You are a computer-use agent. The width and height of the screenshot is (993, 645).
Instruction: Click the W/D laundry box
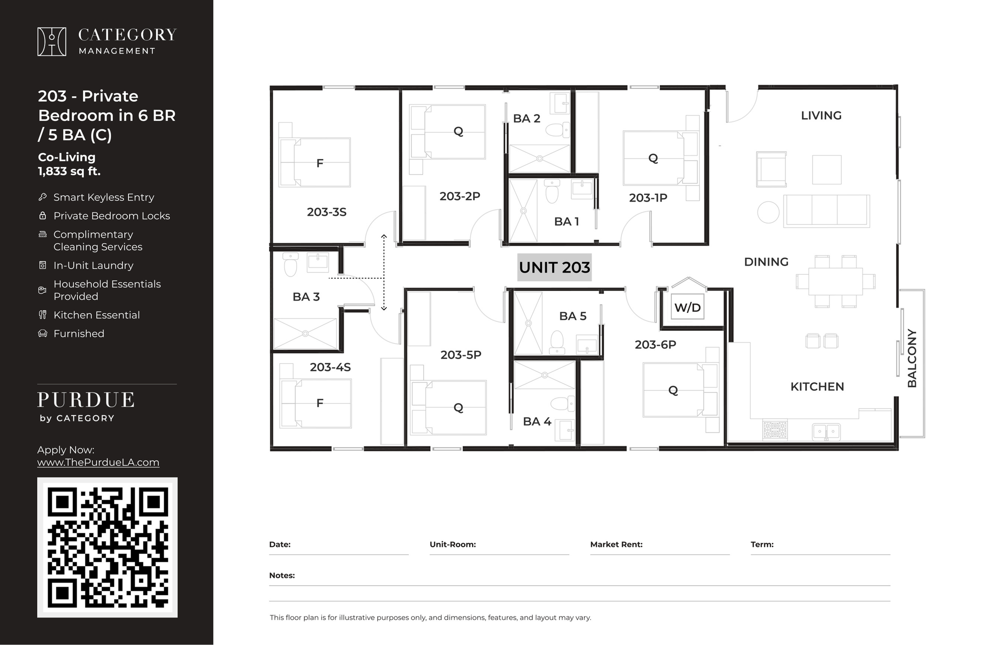[x=687, y=307]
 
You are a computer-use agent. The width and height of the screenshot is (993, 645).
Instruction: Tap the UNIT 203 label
[x=554, y=267]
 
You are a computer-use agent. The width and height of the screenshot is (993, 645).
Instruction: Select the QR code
[x=108, y=547]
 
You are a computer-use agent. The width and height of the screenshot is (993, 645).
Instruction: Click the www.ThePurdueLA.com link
[x=98, y=462]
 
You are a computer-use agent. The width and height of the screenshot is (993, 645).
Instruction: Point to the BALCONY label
[x=912, y=358]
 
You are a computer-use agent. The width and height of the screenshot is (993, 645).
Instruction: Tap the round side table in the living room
[x=768, y=212]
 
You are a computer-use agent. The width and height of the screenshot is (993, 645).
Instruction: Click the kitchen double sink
[x=826, y=432]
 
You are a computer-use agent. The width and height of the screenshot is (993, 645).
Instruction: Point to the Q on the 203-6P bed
[x=673, y=390]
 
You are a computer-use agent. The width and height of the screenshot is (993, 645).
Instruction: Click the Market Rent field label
[x=616, y=544]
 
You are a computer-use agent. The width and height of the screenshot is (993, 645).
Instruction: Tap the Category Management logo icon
[x=52, y=41]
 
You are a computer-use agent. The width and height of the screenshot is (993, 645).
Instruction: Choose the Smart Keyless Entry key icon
[x=42, y=197]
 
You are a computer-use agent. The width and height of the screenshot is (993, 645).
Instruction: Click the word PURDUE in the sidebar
[x=86, y=400]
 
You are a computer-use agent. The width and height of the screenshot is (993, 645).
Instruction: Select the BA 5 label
[x=573, y=316]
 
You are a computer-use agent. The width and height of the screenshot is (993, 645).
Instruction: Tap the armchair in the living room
[x=771, y=169]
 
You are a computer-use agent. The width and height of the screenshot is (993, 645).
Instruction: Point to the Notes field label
[x=282, y=575]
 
